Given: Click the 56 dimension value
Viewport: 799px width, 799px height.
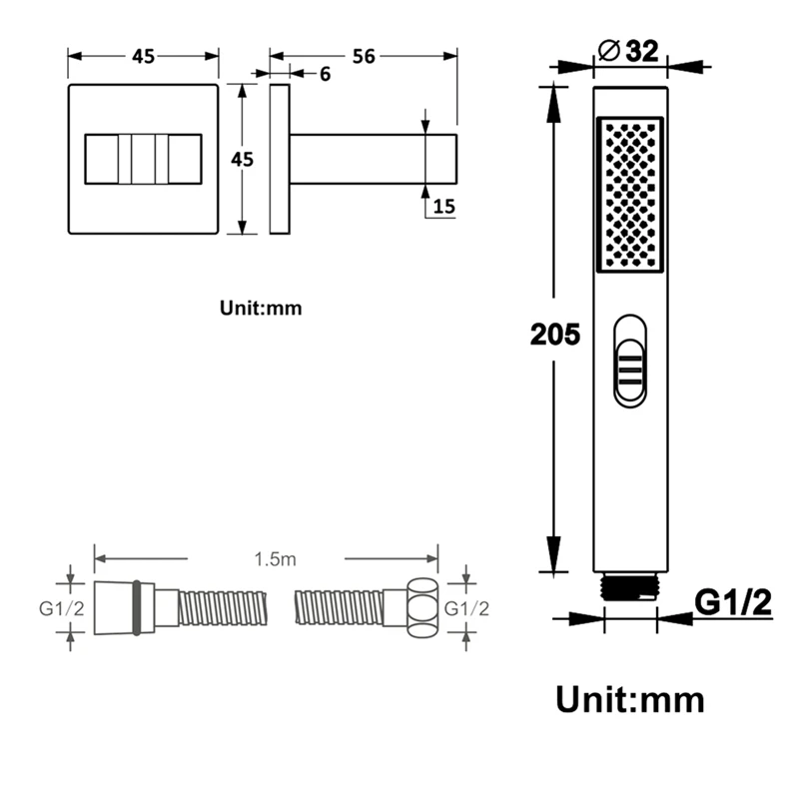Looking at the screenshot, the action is tap(364, 56).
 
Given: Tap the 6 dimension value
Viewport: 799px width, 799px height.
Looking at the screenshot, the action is tap(326, 74).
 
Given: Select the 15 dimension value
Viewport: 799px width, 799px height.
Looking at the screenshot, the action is tap(443, 207).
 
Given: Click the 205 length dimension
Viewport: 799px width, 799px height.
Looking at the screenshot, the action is tap(555, 335).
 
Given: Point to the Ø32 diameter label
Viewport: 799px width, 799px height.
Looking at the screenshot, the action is tap(628, 51).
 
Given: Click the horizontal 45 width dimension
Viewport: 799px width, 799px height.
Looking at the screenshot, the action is tap(143, 57).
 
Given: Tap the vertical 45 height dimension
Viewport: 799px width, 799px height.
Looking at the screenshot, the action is tap(242, 160).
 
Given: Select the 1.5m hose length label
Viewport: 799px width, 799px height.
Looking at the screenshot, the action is tap(276, 559).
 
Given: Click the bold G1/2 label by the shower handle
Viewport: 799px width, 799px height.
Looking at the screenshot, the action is tap(733, 603).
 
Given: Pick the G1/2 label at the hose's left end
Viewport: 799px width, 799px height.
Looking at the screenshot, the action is tap(62, 608).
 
